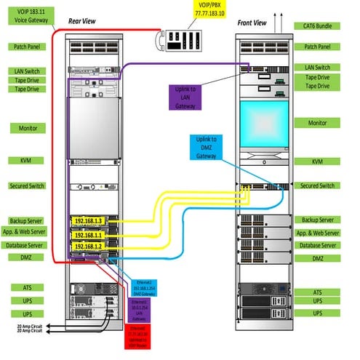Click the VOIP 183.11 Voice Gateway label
(27, 16)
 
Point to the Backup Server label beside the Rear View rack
(27, 220)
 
